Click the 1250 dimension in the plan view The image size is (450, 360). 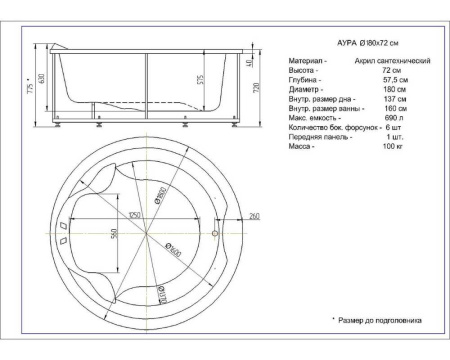pos(130,213)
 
